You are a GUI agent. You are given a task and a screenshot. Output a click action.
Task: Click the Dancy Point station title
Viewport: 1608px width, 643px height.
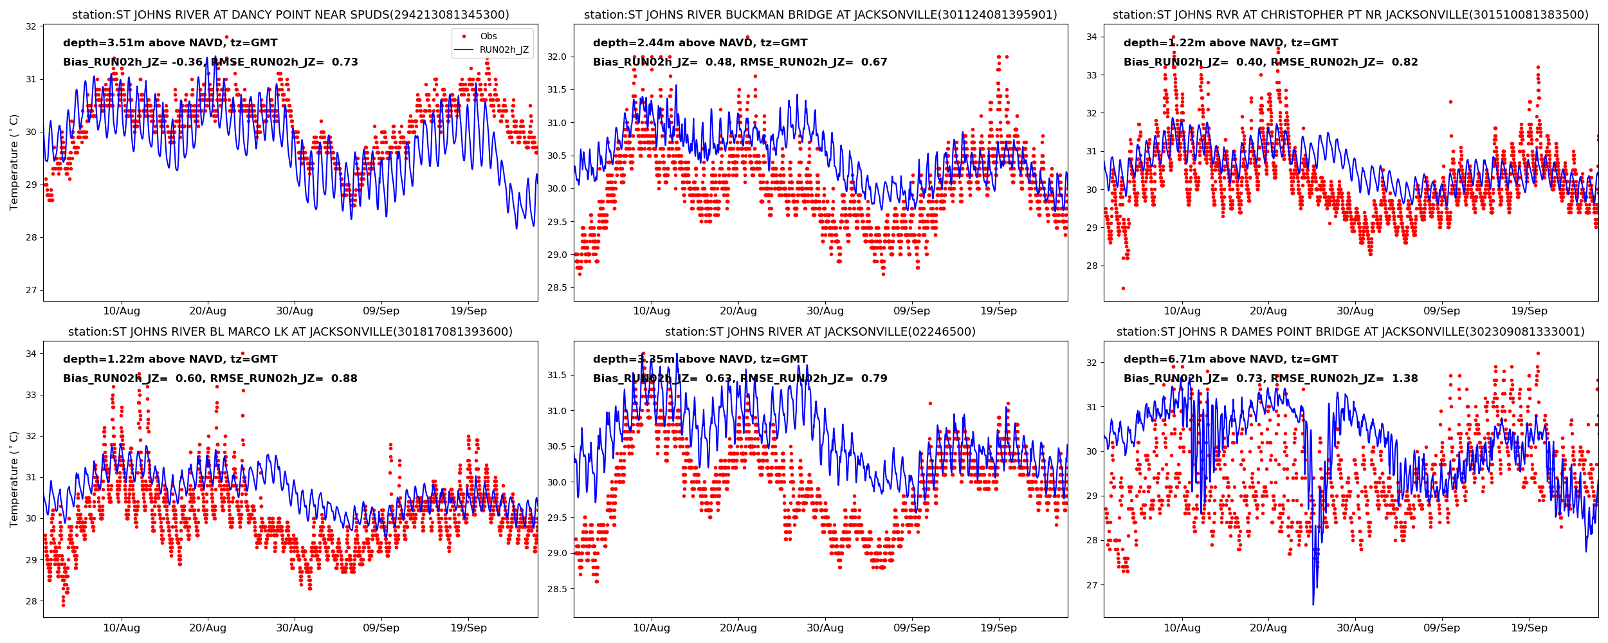pyautogui.click(x=290, y=15)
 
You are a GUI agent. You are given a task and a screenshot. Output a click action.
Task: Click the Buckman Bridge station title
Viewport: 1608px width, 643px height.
pyautogui.click(x=820, y=15)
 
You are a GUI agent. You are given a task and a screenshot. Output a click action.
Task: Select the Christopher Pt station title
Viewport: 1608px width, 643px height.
pyautogui.click(x=1350, y=15)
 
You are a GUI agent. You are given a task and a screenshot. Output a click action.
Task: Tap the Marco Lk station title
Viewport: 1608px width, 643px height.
pyautogui.click(x=290, y=332)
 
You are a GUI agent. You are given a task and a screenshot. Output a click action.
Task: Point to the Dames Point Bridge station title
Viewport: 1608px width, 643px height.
pyautogui.click(x=1350, y=332)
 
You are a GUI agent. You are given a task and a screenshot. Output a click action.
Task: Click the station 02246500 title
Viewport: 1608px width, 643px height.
pyautogui.click(x=820, y=332)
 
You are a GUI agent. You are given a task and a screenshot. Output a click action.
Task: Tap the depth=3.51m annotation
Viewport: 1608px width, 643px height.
pyautogui.click(x=170, y=43)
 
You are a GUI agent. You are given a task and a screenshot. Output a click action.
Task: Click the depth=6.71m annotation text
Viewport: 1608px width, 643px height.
pyautogui.click(x=1230, y=359)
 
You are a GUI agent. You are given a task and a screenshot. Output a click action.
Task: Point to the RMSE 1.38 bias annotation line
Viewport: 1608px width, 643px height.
pyautogui.click(x=1270, y=379)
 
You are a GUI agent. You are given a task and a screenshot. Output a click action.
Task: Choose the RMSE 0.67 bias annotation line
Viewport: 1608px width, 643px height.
pyautogui.click(x=740, y=62)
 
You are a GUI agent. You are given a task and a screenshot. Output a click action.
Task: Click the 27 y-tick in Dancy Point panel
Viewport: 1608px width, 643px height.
pyautogui.click(x=31, y=290)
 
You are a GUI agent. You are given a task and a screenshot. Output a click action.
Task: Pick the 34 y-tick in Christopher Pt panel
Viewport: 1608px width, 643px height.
pyautogui.click(x=1092, y=37)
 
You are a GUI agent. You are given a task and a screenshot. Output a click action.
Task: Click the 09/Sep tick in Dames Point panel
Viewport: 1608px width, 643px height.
pyautogui.click(x=1441, y=628)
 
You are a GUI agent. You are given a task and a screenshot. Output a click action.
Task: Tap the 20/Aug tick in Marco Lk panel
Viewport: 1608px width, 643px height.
pyautogui.click(x=208, y=628)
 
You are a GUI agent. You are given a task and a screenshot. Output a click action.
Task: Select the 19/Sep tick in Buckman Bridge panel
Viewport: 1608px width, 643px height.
pyautogui.click(x=998, y=311)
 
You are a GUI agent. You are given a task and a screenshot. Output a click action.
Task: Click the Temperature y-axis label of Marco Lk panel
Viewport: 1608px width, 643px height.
pyautogui.click(x=14, y=479)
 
